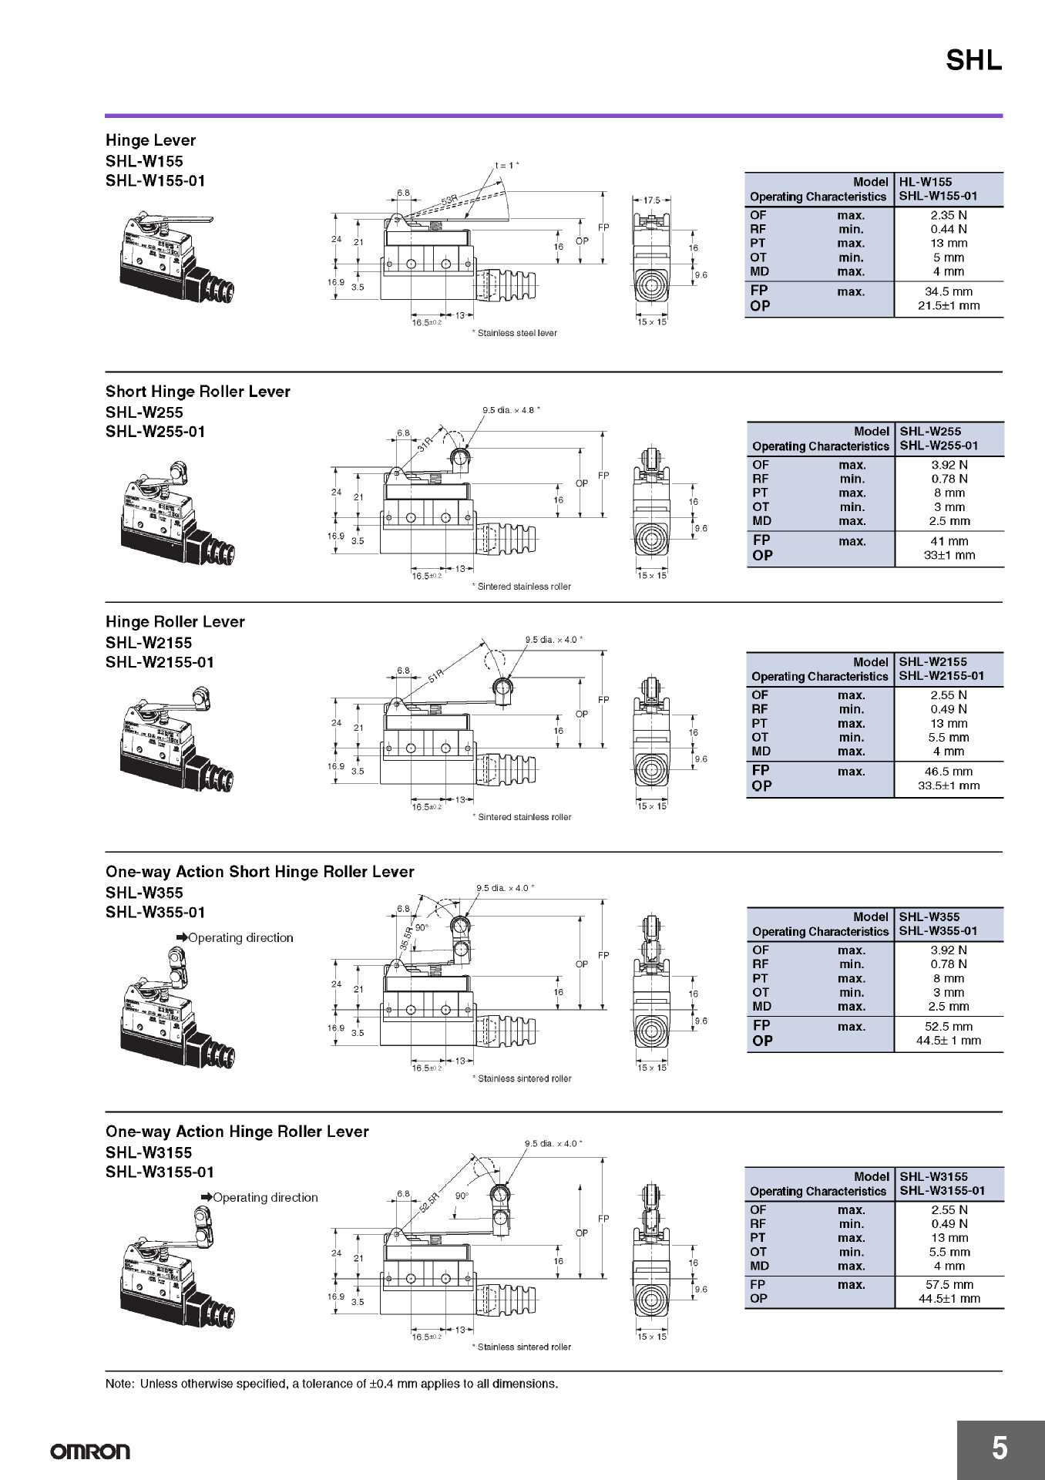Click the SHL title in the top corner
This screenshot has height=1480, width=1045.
973,60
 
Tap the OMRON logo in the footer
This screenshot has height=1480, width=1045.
90,1452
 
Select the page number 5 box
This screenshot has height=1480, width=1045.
1000,1449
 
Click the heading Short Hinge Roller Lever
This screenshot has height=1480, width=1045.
198,392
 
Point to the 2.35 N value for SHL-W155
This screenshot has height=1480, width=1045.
948,215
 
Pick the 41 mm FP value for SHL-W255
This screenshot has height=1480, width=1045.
949,541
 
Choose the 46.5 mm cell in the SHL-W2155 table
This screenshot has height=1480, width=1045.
949,772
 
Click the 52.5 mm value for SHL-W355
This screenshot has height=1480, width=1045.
949,1027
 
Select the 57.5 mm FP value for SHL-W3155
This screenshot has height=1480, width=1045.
949,1285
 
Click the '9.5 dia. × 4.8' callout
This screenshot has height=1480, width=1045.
510,410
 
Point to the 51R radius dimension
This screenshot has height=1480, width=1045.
436,676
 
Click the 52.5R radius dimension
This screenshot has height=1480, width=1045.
430,1202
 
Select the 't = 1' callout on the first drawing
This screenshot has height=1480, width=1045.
506,165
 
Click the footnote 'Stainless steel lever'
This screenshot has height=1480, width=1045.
515,333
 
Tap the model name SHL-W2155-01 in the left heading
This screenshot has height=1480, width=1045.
160,662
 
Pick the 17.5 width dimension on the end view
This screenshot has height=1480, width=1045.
652,200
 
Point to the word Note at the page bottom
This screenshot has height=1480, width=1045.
119,1384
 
